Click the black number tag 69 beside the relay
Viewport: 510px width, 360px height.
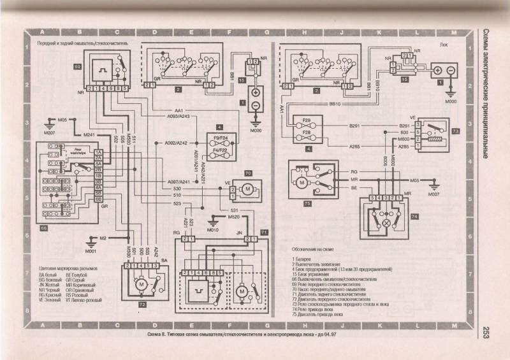pos(78,66)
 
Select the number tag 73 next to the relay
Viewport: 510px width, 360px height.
pos(437,130)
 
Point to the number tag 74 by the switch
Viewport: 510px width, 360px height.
pos(414,217)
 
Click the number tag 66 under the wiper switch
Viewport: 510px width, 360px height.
pos(44,227)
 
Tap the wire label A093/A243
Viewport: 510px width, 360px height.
pos(173,116)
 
